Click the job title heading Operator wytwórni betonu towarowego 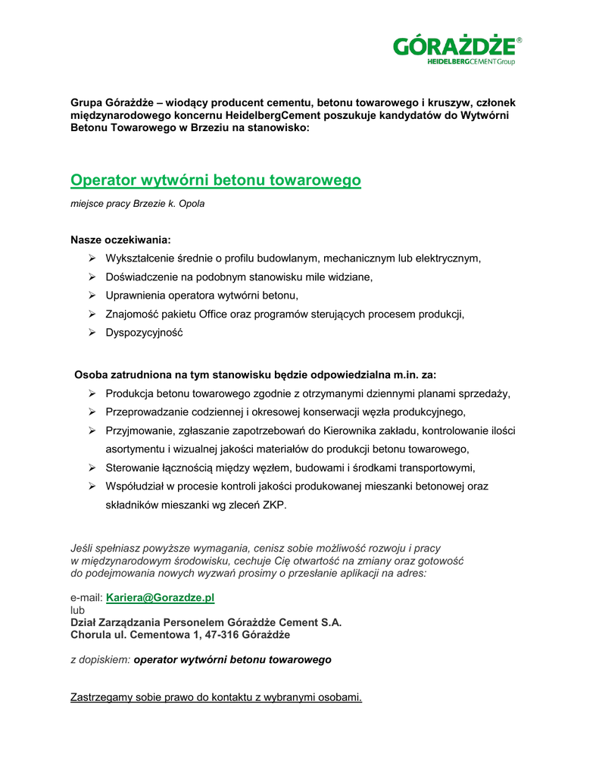(x=216, y=180)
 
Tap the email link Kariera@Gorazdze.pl (x=161, y=598)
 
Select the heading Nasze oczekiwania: (x=120, y=239)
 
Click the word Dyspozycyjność (x=144, y=333)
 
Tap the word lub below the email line (x=78, y=610)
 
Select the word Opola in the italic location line (x=192, y=205)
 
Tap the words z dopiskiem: (x=101, y=660)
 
